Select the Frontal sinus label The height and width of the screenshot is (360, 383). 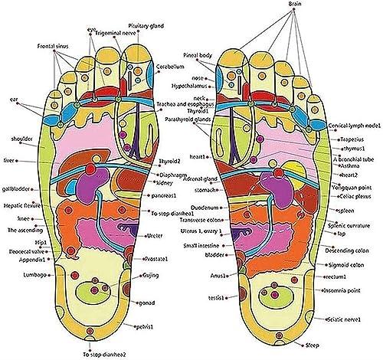click(x=51, y=47)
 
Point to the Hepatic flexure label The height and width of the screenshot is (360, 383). click(x=22, y=205)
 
